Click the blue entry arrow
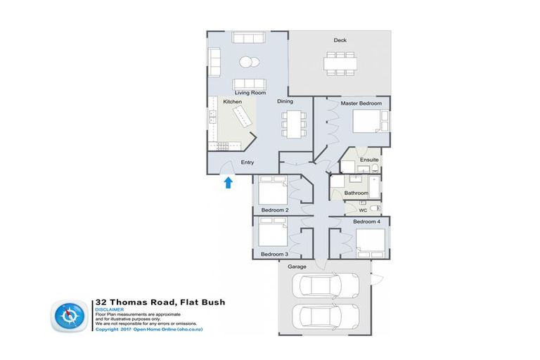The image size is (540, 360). (x=227, y=184)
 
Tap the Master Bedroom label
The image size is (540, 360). (x=361, y=103)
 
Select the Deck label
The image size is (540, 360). (x=340, y=40)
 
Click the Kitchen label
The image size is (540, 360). (x=233, y=102)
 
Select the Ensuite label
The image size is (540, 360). (x=369, y=160)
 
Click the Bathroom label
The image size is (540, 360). (x=356, y=193)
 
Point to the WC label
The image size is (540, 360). (x=363, y=210)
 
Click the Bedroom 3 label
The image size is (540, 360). (x=274, y=253)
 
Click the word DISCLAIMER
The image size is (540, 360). (x=109, y=309)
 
